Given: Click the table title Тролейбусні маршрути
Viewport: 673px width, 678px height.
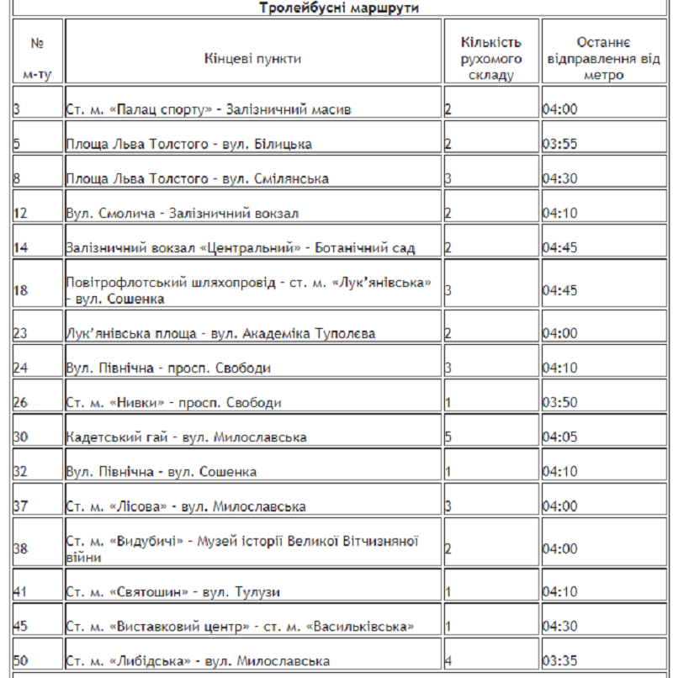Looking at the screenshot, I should pos(338,8).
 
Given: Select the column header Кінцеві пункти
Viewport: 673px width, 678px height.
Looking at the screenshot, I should pos(252,59).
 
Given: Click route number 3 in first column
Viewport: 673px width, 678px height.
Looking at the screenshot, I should pos(17,109).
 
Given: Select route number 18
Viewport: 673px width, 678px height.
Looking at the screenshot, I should pos(21,291).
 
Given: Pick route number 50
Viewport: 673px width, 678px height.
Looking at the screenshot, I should pos(21,661).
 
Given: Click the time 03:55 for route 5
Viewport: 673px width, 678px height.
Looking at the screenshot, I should pos(559,144).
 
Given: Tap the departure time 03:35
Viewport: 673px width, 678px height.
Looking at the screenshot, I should pos(559,661).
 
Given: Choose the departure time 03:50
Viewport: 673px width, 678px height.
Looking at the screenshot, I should pos(559,402).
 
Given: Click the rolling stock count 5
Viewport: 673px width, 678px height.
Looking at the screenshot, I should pos(448,437).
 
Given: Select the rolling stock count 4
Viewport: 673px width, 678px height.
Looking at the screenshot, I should pos(448,661).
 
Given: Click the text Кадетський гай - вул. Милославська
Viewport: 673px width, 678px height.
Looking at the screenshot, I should pos(186,437).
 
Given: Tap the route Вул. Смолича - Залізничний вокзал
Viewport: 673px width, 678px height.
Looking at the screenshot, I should pos(182,214).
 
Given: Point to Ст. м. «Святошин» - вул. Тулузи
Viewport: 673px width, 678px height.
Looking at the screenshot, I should pos(172,592).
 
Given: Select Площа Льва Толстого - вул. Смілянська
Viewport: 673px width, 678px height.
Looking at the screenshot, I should pos(197,178).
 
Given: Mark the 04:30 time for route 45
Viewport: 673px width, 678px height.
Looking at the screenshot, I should pos(559,627).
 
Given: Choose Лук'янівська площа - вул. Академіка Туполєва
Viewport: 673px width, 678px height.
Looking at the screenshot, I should pos(209,334).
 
